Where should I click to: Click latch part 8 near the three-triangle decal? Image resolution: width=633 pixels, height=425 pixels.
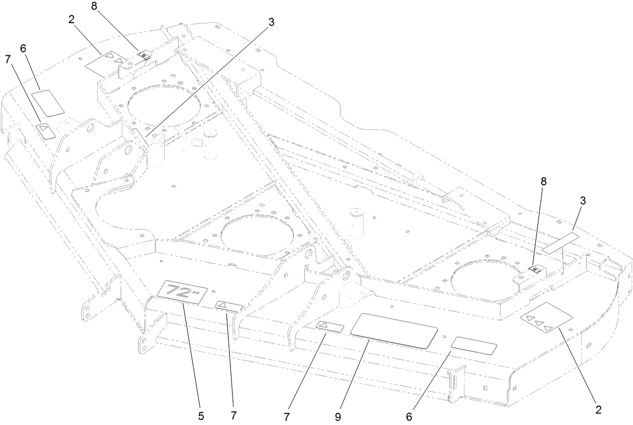tap(535, 271)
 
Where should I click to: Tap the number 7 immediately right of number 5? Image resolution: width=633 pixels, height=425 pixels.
tap(233, 415)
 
